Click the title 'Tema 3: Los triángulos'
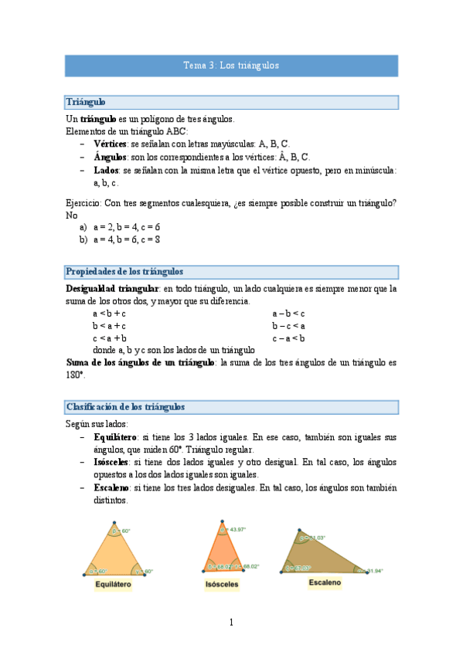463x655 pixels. pyautogui.click(x=231, y=66)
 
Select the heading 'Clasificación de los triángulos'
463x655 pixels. pyautogui.click(x=125, y=407)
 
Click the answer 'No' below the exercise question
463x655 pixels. pyautogui.click(x=72, y=216)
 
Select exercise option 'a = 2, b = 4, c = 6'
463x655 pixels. pyautogui.click(x=126, y=228)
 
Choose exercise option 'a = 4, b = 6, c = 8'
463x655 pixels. pyautogui.click(x=126, y=240)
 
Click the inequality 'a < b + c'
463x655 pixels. pyautogui.click(x=109, y=314)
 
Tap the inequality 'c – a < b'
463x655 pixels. pyautogui.click(x=288, y=338)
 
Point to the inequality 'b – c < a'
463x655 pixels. pyautogui.click(x=288, y=326)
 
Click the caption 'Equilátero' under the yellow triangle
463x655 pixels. pyautogui.click(x=113, y=585)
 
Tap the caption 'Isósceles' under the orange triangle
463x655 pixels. pyautogui.click(x=222, y=585)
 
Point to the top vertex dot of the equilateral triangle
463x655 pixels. pyautogui.click(x=113, y=523)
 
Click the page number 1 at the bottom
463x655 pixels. pyautogui.click(x=230, y=622)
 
